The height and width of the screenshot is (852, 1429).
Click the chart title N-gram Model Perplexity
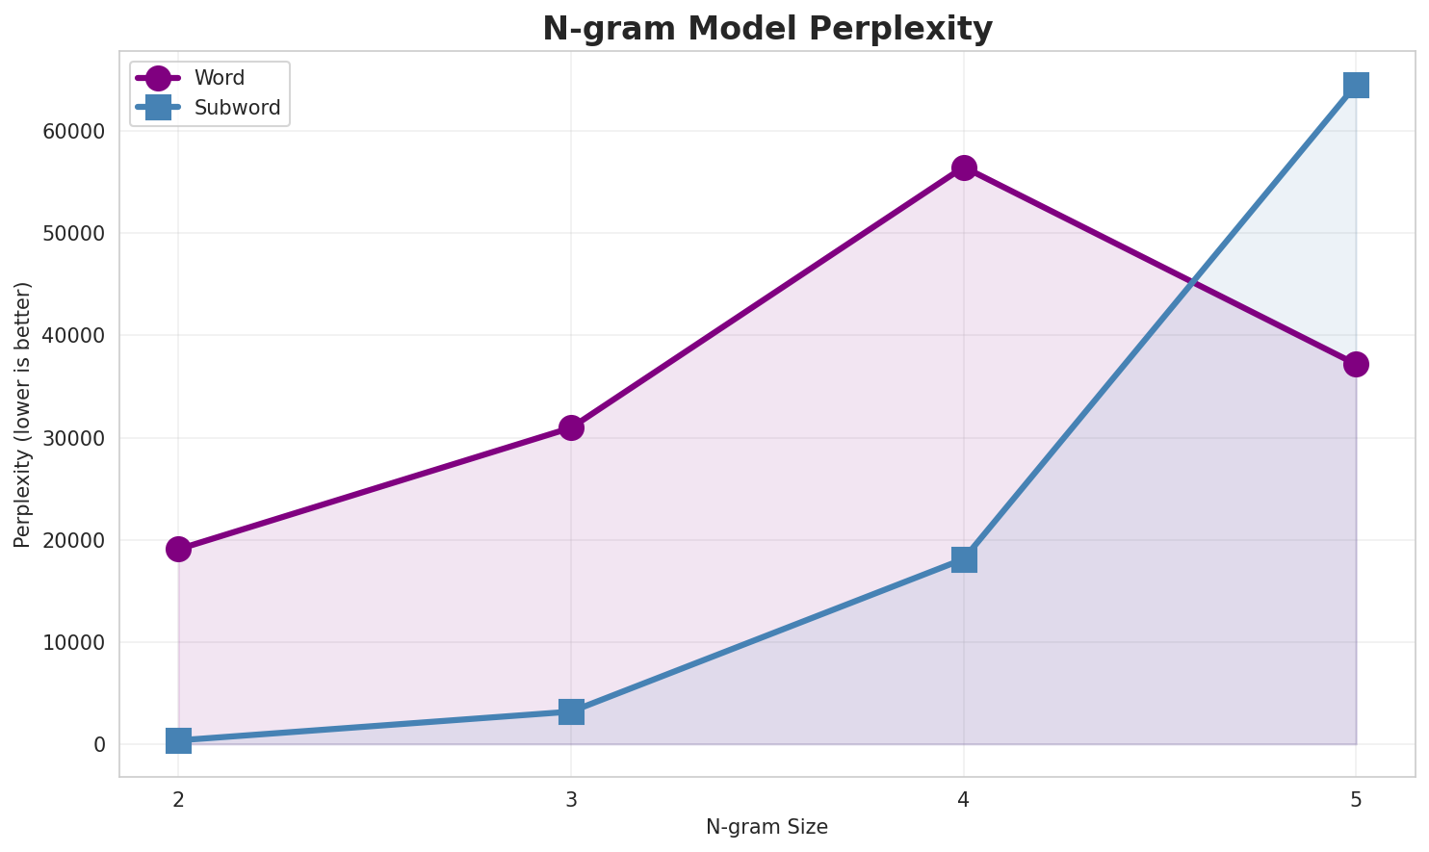(x=766, y=29)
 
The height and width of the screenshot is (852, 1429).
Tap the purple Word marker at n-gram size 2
(x=178, y=550)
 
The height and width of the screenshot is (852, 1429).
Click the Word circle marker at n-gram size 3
(x=571, y=427)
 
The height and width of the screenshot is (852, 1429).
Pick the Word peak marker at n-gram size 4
(x=964, y=168)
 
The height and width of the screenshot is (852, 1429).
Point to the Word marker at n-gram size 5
(x=1356, y=364)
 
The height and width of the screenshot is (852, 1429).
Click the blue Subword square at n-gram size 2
(x=178, y=740)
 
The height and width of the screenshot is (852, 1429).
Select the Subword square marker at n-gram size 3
(x=571, y=711)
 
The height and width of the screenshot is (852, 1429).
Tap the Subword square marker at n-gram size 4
(x=964, y=559)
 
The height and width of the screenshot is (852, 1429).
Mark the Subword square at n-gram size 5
(x=1356, y=85)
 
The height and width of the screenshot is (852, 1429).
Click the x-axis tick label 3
(x=571, y=799)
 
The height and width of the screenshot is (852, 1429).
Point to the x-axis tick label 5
(x=1356, y=799)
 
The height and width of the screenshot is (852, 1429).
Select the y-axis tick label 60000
(x=72, y=132)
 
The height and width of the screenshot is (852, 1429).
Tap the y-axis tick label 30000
(x=72, y=438)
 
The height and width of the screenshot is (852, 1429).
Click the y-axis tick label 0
(x=99, y=745)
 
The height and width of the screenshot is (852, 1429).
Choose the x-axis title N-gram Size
(x=766, y=827)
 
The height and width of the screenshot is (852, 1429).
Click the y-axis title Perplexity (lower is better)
(x=23, y=414)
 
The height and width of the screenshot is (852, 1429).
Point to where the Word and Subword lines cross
(x=1193, y=283)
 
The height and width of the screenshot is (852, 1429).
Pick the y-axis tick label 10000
(x=72, y=642)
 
